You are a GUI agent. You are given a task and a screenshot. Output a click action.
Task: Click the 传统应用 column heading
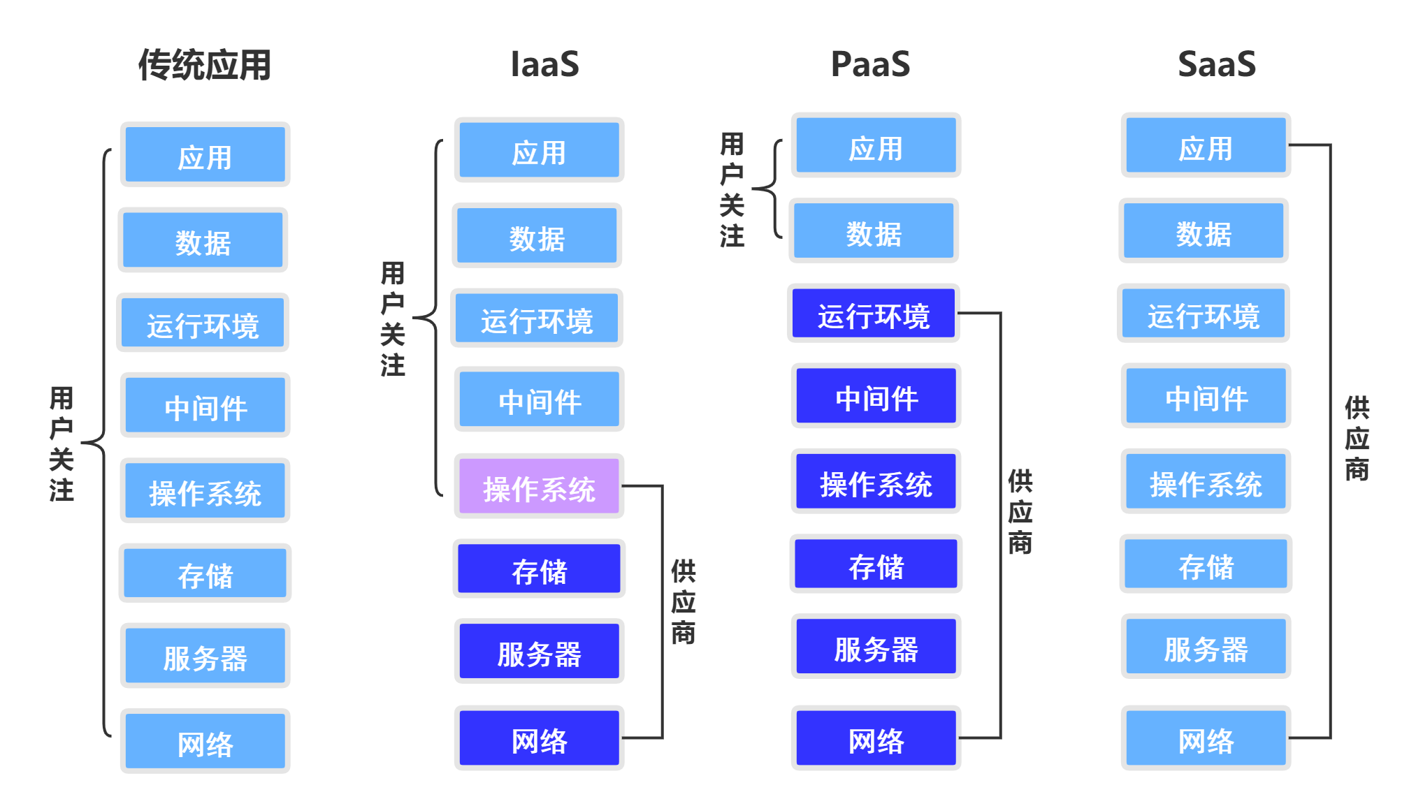(x=204, y=65)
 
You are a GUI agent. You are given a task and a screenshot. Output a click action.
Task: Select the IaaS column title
(x=544, y=64)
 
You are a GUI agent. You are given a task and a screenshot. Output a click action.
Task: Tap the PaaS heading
(x=870, y=64)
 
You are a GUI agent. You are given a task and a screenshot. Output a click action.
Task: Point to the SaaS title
(x=1216, y=64)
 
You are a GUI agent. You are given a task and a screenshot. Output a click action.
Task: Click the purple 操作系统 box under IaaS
(x=539, y=487)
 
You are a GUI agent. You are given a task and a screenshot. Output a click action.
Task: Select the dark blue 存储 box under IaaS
(x=539, y=569)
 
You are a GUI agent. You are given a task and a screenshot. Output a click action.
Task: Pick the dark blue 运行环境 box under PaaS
(x=874, y=314)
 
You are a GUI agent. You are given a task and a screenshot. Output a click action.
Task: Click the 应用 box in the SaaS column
(x=1206, y=146)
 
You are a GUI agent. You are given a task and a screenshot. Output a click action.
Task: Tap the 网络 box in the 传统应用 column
(x=205, y=741)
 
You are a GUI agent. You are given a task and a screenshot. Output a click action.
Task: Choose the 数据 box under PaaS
(x=874, y=232)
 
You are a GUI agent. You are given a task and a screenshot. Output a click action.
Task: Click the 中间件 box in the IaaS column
(x=539, y=400)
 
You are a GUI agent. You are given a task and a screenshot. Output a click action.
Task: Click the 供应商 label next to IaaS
(x=683, y=601)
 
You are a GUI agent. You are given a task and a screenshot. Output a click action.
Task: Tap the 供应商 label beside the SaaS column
(x=1357, y=439)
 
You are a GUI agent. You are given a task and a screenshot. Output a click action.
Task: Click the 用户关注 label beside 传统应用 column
(x=62, y=444)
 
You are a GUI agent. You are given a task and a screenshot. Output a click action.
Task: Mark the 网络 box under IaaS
(x=539, y=738)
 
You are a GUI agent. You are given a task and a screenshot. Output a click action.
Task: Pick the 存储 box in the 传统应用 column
(x=205, y=573)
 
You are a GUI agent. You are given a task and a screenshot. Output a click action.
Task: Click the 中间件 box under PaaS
(x=876, y=397)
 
